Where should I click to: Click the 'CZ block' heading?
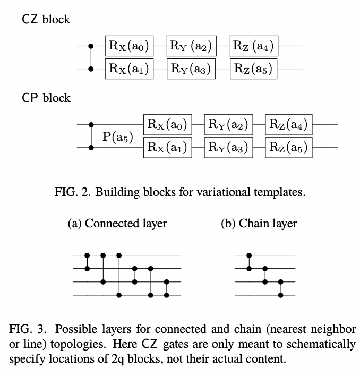(x=46, y=20)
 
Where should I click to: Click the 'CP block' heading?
(x=46, y=98)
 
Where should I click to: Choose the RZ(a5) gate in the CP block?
(x=288, y=147)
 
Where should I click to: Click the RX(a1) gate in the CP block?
(x=167, y=147)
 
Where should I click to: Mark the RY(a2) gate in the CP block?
(x=228, y=125)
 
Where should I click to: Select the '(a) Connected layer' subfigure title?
(x=117, y=224)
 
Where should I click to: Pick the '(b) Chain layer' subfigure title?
(x=259, y=224)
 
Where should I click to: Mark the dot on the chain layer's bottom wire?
(x=281, y=295)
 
